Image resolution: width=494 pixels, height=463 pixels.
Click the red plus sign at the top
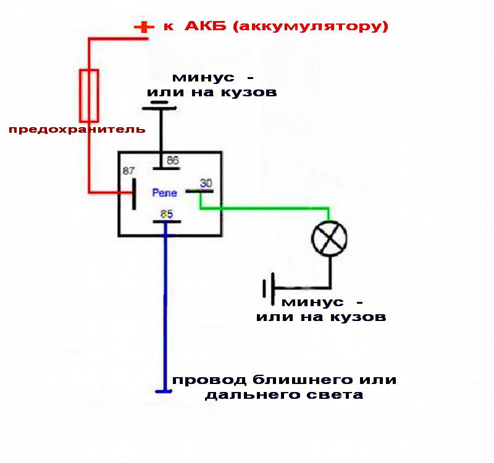tap(144, 27)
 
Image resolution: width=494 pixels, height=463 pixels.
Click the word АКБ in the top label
tap(206, 26)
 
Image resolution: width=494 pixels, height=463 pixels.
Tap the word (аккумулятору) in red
tap(311, 27)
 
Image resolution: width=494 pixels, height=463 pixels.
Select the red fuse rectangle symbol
tap(89, 96)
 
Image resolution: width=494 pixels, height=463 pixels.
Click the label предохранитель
tap(77, 129)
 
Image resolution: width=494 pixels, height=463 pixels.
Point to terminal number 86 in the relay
tap(173, 161)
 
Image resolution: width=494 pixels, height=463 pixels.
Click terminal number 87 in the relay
tap(128, 171)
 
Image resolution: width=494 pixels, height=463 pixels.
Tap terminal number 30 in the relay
tap(206, 183)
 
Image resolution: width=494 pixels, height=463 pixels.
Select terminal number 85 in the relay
tap(167, 214)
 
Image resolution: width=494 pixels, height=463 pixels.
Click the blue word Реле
tap(164, 193)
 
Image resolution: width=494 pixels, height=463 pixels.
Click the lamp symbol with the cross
tap(330, 238)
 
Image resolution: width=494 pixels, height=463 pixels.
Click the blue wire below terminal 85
tap(165, 307)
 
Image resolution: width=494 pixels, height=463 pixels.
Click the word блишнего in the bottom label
tap(302, 380)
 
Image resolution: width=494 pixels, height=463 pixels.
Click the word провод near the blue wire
tap(209, 380)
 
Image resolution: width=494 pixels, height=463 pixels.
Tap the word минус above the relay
tap(204, 78)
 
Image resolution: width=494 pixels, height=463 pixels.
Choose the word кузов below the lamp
tap(358, 317)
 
